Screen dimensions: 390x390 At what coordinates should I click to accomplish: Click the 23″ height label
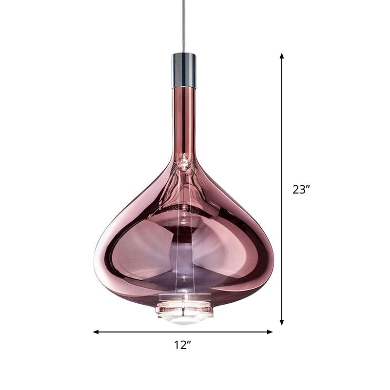click(301, 190)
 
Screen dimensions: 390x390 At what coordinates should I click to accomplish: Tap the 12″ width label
click(182, 345)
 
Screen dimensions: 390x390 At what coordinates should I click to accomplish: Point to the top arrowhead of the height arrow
click(282, 56)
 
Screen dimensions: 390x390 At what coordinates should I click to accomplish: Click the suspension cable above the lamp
click(184, 24)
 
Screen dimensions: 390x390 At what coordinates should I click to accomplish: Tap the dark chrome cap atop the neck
click(184, 70)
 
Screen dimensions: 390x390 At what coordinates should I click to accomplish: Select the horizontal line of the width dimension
click(146, 332)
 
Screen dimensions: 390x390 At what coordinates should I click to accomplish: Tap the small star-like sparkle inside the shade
click(184, 278)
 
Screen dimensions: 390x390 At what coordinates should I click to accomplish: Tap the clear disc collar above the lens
click(184, 308)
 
